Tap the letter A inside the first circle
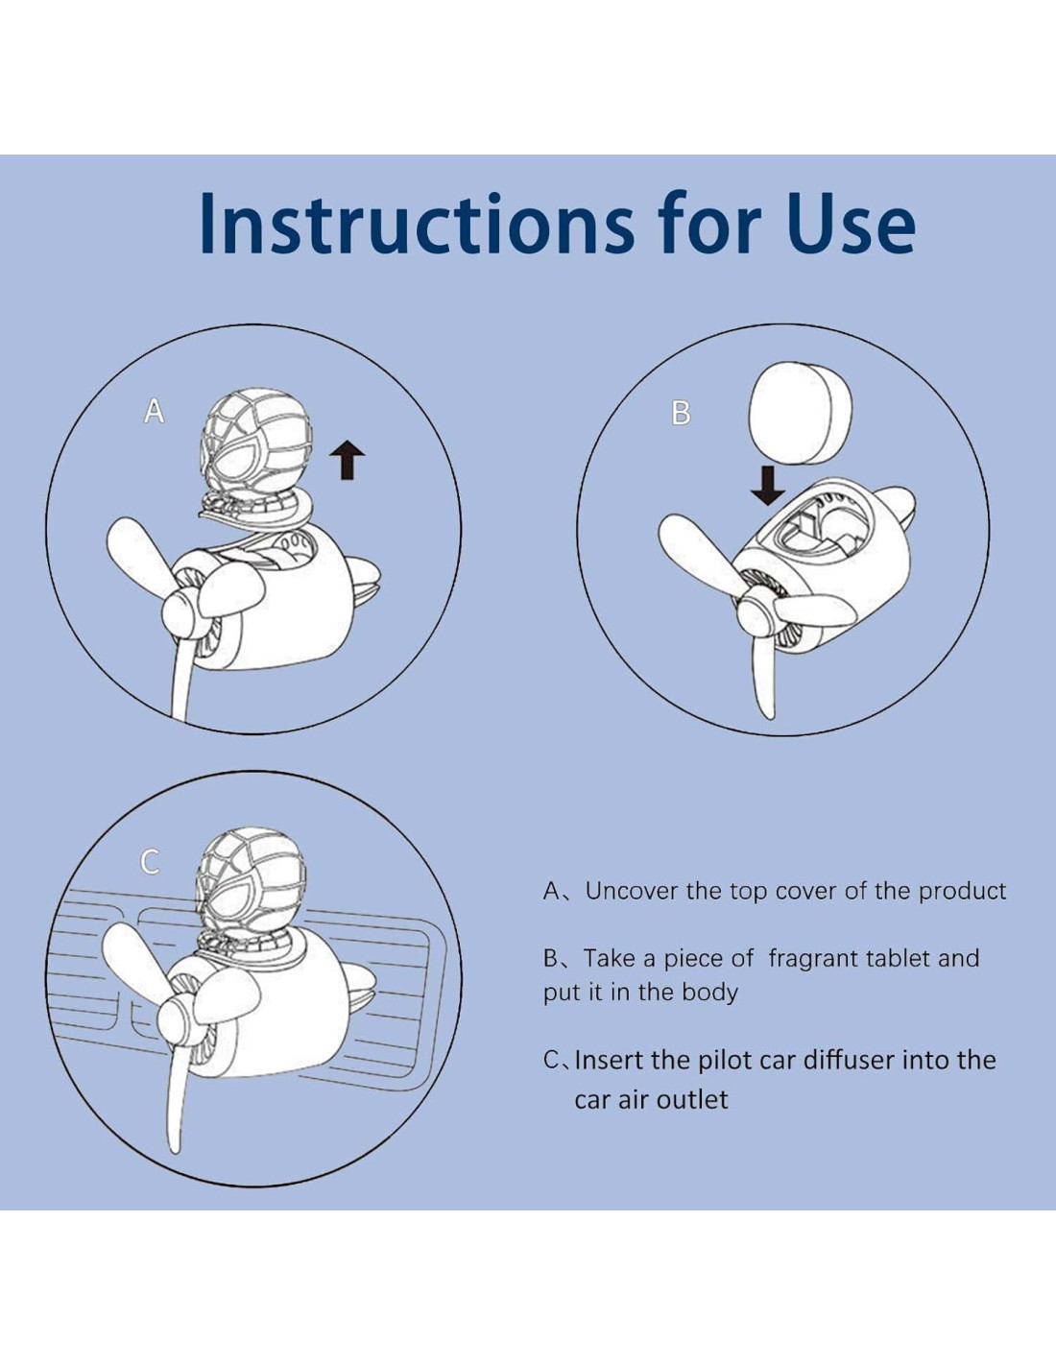[155, 412]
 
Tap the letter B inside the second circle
[681, 413]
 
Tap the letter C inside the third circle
[150, 862]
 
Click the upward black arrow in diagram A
[348, 459]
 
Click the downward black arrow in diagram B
[768, 486]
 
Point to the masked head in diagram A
[257, 437]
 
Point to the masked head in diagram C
[252, 877]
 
